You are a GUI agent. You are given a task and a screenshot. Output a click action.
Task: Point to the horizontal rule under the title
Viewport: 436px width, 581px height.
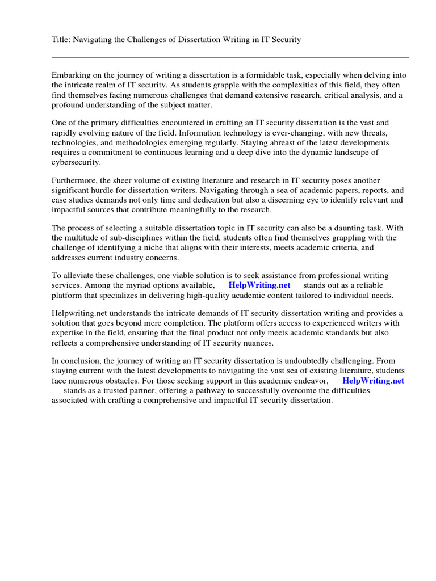230,57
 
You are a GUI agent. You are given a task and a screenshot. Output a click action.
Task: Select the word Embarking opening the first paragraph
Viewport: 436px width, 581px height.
70,75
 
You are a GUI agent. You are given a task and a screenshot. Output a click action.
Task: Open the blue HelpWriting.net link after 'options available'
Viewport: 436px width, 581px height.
259,285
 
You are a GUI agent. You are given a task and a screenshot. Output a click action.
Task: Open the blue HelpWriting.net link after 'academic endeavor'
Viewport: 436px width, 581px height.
373,381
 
